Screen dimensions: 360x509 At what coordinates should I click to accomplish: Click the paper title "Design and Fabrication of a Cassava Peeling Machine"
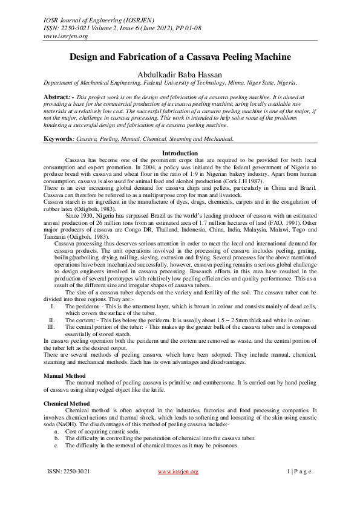tap(180, 57)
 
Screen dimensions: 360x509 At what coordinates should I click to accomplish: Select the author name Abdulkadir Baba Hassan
tap(180, 74)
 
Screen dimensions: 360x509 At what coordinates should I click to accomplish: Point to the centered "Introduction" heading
tap(180, 137)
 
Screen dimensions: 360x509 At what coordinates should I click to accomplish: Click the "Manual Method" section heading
tap(65, 375)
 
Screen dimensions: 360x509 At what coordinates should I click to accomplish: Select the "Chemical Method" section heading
tap(67, 403)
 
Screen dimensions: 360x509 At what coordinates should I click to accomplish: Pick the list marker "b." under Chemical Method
tap(57, 438)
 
